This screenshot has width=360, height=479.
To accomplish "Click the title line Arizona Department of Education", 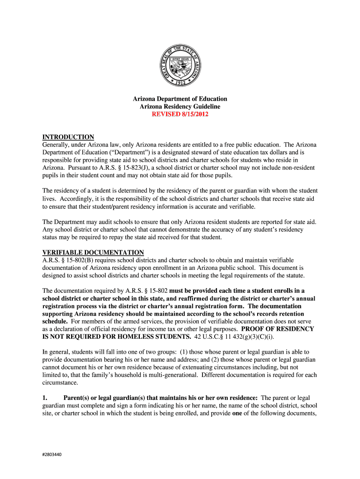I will (180, 99).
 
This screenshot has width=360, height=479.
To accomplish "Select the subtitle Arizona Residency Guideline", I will (180, 107).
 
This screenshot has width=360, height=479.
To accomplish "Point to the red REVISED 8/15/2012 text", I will (180, 115).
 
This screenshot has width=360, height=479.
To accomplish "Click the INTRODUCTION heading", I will (68, 137).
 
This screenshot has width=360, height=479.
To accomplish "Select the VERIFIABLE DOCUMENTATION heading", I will (93, 252).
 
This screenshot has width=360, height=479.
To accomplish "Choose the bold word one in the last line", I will (238, 413).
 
